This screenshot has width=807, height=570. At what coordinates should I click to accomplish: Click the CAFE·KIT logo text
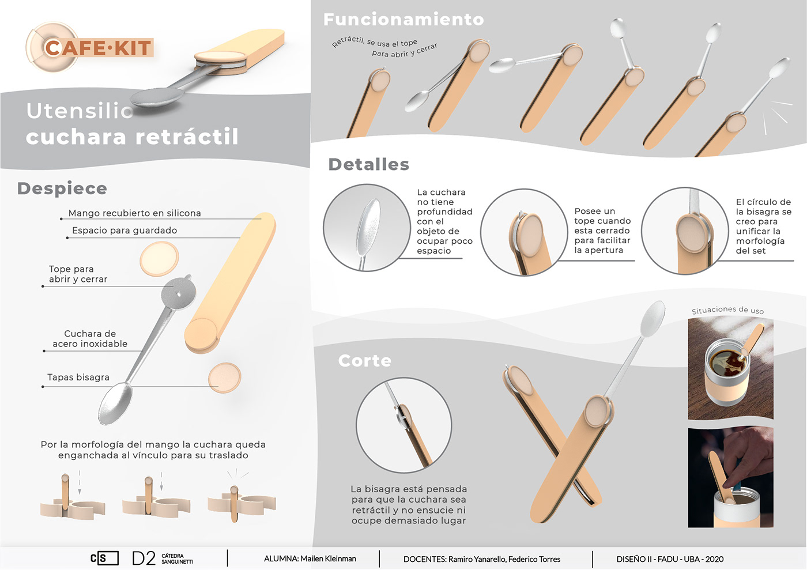(x=98, y=48)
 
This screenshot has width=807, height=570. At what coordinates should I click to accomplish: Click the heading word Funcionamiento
(x=403, y=19)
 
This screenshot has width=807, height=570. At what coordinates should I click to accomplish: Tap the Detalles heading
(x=368, y=164)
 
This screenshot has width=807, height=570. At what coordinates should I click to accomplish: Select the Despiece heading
(x=62, y=189)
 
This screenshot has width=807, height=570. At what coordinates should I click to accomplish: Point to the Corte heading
(x=364, y=361)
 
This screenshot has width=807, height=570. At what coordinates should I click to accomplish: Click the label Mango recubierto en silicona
(x=135, y=213)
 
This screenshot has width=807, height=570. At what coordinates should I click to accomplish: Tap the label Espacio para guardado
(x=125, y=230)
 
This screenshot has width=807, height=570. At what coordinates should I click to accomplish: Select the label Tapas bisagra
(x=78, y=378)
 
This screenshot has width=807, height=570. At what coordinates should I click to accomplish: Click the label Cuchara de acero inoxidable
(x=90, y=339)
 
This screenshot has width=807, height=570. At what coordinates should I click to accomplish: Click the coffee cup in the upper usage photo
(x=726, y=375)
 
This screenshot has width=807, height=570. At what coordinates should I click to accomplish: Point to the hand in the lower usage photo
(x=749, y=457)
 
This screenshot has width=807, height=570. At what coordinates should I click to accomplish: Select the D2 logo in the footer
(x=144, y=558)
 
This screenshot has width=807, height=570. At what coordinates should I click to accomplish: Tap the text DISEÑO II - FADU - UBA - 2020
(x=670, y=559)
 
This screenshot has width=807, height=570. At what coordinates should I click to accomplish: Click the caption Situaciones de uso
(x=727, y=310)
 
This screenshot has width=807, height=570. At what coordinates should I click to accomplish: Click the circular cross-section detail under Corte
(x=403, y=425)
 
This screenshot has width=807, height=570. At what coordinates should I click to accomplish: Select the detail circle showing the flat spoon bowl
(x=367, y=228)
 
